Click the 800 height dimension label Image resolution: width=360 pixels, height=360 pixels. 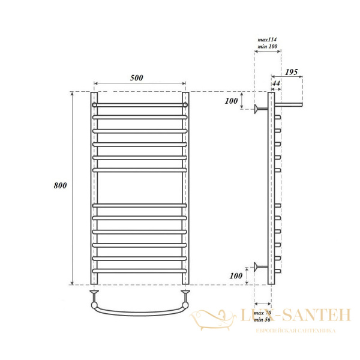pos(59,185)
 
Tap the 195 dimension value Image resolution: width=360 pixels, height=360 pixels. pos(292,72)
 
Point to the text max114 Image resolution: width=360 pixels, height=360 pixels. pos(266,39)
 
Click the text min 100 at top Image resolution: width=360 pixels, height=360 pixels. pos(266,46)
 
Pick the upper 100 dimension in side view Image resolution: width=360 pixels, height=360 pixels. pos(231,101)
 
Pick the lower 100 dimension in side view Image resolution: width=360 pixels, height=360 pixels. pos(235,275)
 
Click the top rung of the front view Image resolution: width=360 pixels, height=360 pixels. pos(140,104)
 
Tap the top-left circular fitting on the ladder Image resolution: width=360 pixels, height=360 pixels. pos(95,104)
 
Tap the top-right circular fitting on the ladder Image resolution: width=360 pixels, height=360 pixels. pos(185,104)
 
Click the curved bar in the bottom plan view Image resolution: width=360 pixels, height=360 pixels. pos(140,311)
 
